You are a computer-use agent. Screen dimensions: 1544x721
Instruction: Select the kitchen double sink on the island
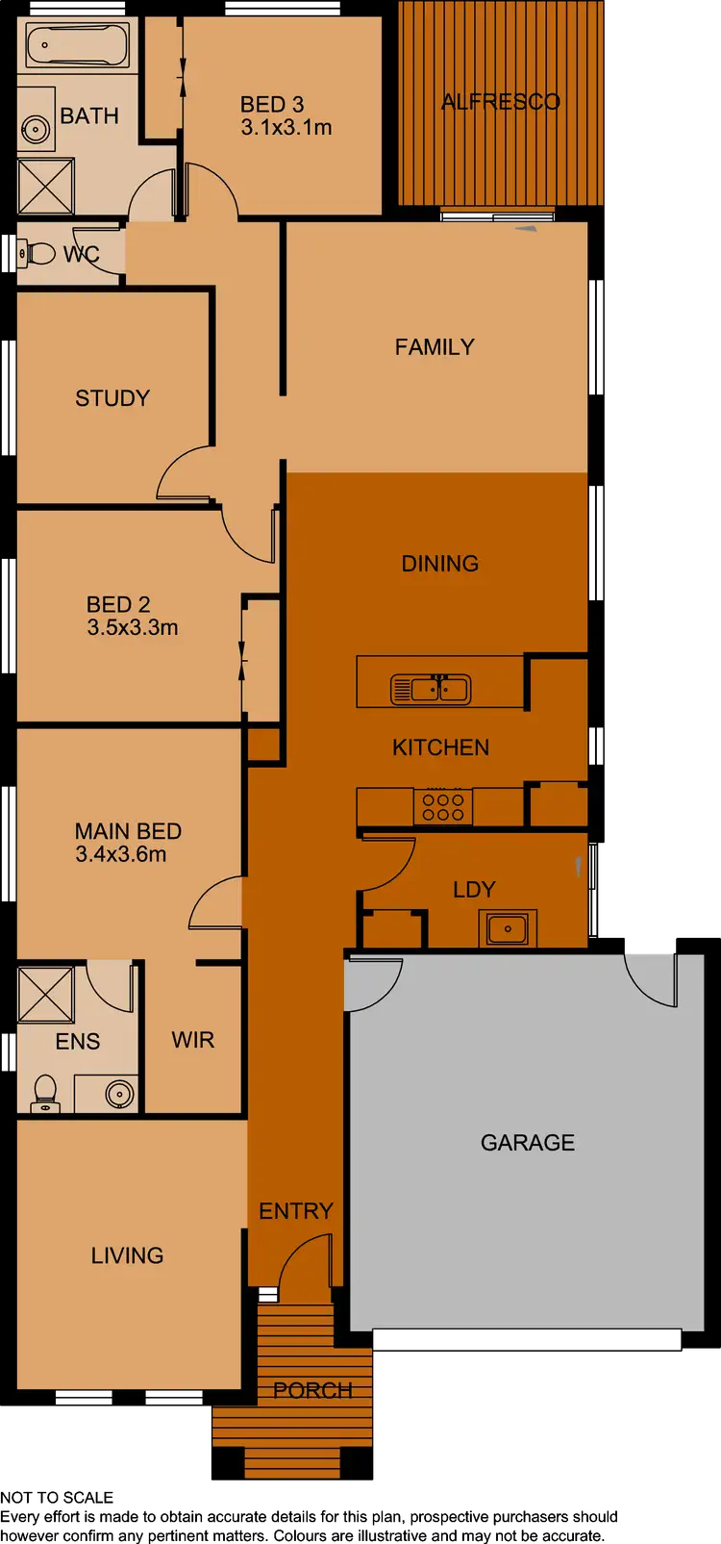click(430, 689)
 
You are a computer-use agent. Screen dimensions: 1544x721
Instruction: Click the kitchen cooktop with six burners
click(442, 806)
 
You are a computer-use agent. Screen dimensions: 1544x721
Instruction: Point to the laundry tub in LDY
click(507, 929)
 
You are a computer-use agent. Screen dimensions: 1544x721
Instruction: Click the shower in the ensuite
click(45, 994)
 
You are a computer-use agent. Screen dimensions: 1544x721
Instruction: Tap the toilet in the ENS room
click(44, 1092)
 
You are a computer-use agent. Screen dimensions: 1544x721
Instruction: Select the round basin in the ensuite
click(119, 1094)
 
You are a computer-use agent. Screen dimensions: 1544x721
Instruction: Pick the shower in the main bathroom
click(45, 186)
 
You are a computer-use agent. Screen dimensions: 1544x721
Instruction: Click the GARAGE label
click(527, 1143)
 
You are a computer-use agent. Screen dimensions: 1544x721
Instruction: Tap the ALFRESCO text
click(500, 102)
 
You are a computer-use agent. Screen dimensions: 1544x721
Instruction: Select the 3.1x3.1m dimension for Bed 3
click(286, 127)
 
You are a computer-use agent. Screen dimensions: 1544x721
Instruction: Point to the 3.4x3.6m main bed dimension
click(121, 854)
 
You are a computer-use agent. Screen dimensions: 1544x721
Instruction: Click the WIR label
click(192, 1040)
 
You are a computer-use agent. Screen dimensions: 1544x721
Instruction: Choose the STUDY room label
click(112, 398)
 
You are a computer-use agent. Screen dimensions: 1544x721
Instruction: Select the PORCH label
click(312, 1390)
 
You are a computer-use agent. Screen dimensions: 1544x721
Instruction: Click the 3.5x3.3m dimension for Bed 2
click(133, 627)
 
